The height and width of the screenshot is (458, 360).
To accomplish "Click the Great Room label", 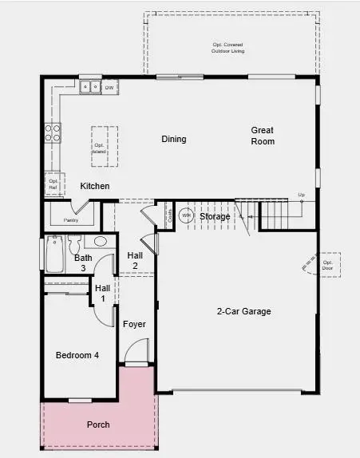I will pyautogui.click(x=263, y=136).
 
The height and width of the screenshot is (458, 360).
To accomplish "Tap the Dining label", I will pyautogui.click(x=174, y=139).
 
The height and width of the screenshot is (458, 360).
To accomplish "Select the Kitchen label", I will pyautogui.click(x=95, y=186).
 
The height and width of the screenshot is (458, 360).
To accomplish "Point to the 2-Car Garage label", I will pyautogui.click(x=244, y=311).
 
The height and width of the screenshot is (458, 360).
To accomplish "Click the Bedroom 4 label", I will pyautogui.click(x=77, y=355).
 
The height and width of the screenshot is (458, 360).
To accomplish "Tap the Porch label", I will pyautogui.click(x=98, y=424).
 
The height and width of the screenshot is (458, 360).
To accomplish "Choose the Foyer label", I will pyautogui.click(x=133, y=324).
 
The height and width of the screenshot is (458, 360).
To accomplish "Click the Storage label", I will pyautogui.click(x=215, y=216).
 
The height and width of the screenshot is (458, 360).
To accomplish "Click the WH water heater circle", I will pyautogui.click(x=185, y=215).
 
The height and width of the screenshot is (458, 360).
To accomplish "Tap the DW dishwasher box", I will pyautogui.click(x=109, y=86).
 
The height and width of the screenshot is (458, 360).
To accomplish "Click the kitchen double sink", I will pyautogui.click(x=91, y=86).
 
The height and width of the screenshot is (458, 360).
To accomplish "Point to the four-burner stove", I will pyautogui.click(x=53, y=132).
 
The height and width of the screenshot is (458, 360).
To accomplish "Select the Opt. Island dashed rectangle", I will pyautogui.click(x=101, y=146).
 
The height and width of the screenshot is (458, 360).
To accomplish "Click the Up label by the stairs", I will pyautogui.click(x=301, y=195).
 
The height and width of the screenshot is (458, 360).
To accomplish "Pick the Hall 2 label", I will pyautogui.click(x=135, y=260).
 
